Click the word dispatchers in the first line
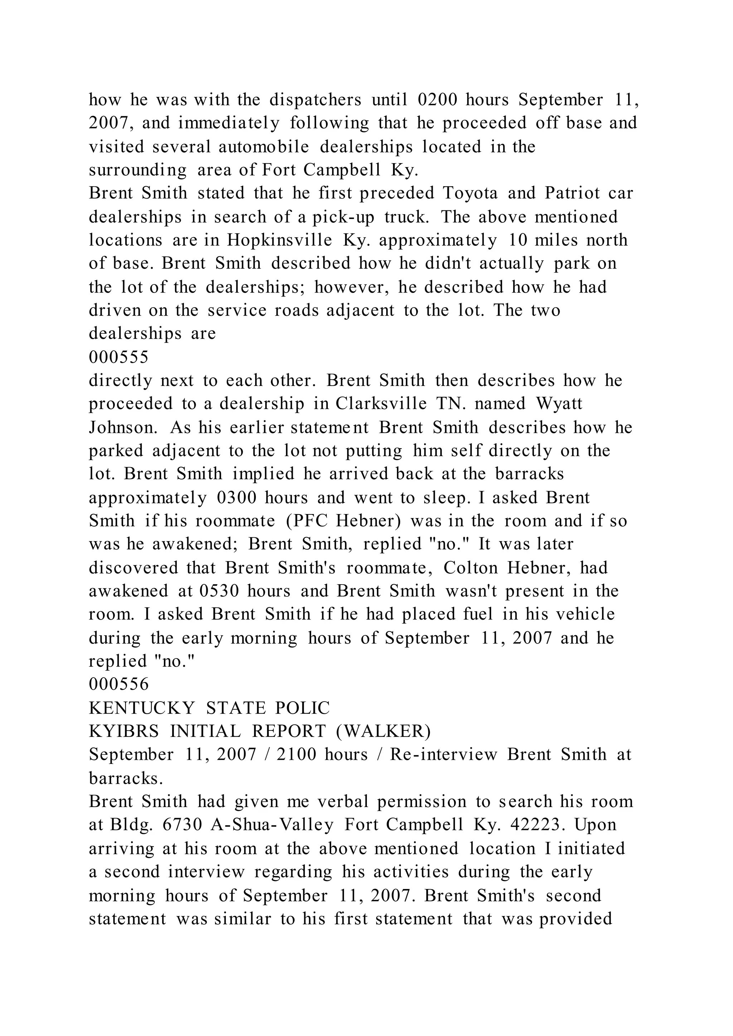pyautogui.click(x=315, y=100)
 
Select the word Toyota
pyautogui.click(x=470, y=193)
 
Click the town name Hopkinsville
pyautogui.click(x=280, y=240)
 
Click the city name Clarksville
pyautogui.click(x=381, y=404)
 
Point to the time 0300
pyautogui.click(x=237, y=498)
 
